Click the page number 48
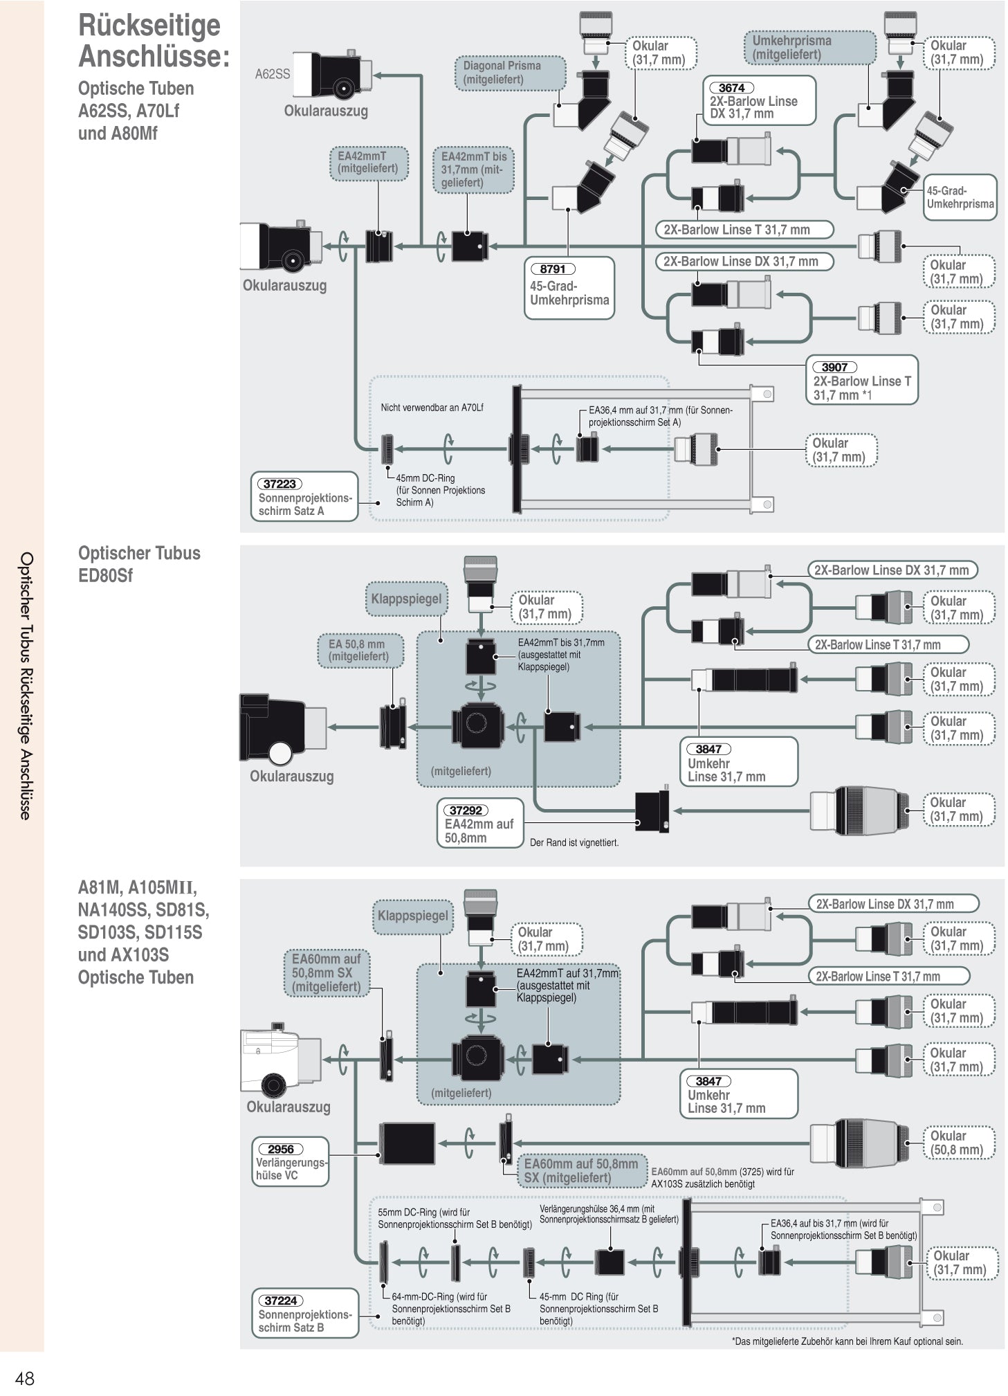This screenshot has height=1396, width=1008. click(24, 1378)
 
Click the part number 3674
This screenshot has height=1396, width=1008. click(731, 88)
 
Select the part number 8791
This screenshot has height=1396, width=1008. click(552, 269)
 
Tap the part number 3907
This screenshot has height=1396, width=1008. click(834, 368)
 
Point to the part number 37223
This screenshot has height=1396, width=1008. click(280, 484)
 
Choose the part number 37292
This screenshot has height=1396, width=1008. click(466, 810)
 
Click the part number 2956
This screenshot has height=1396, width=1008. click(280, 1149)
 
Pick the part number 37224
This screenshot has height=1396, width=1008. click(280, 1300)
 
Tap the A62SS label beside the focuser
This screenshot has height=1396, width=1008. click(272, 74)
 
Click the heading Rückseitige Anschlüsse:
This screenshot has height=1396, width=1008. click(153, 41)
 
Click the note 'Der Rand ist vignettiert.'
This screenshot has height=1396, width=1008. click(574, 842)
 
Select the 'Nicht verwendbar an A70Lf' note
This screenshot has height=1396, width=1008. click(432, 408)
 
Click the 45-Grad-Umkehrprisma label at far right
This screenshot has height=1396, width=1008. click(960, 197)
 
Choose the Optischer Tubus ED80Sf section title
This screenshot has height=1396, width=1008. click(139, 564)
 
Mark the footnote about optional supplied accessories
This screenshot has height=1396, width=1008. click(847, 1341)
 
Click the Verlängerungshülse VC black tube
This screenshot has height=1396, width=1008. click(407, 1143)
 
